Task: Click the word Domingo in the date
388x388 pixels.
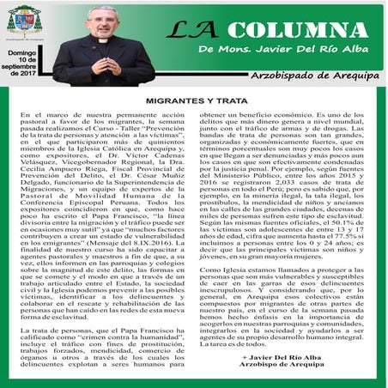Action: point(23,53)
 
